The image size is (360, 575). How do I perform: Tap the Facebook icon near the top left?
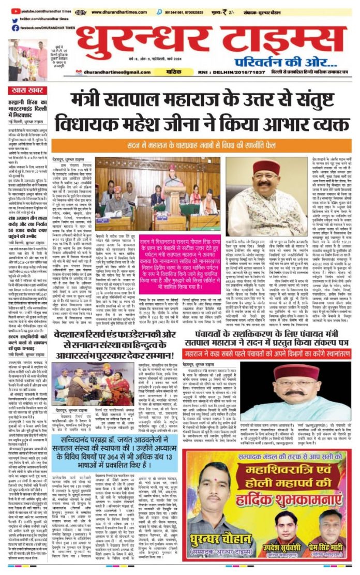10,27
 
